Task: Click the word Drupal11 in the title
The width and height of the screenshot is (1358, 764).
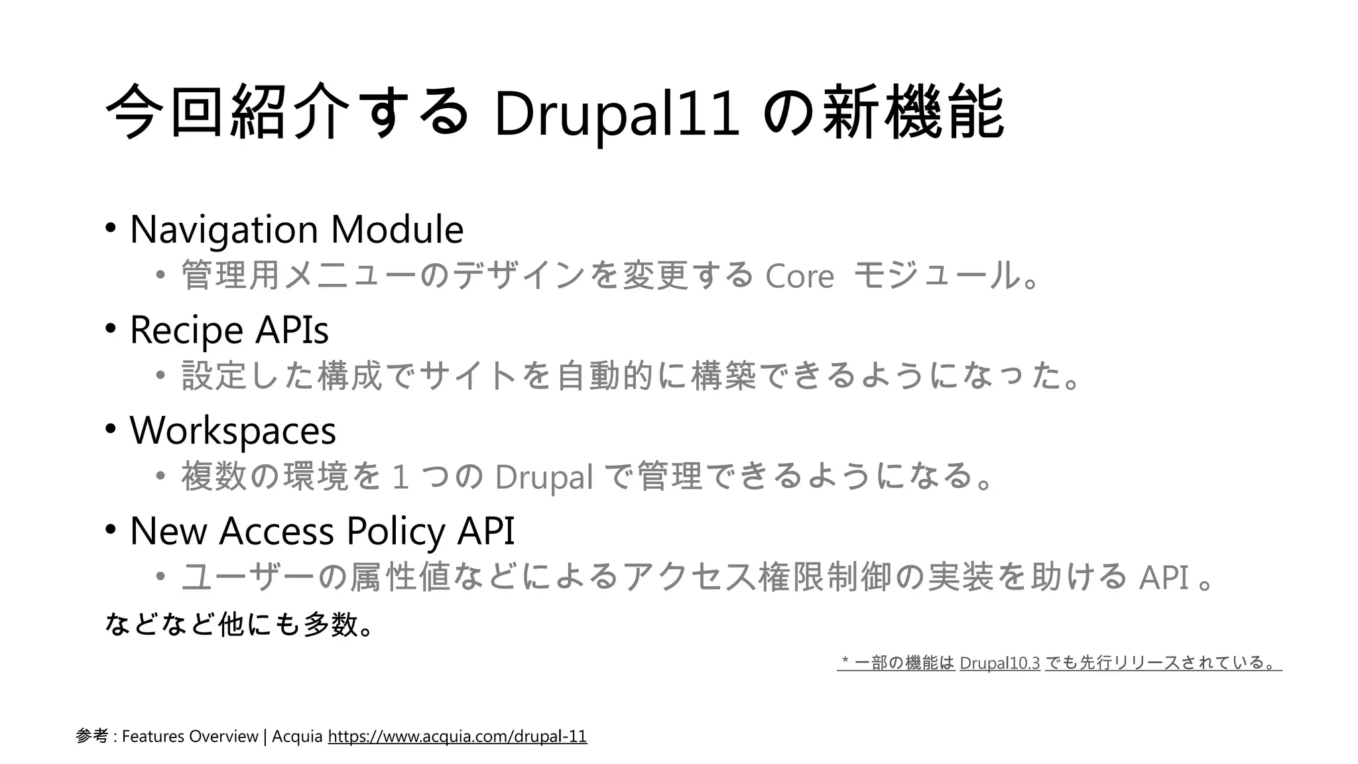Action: click(616, 113)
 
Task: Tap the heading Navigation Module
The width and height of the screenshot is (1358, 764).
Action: click(296, 229)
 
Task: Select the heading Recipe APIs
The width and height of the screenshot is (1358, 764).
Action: click(229, 330)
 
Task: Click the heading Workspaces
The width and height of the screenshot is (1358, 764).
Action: click(233, 430)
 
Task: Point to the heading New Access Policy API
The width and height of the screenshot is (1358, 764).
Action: click(322, 531)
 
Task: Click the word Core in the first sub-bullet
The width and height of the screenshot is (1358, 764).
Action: click(799, 276)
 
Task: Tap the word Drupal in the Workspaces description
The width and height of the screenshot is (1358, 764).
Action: click(543, 477)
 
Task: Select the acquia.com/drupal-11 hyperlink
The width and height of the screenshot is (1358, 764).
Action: click(457, 736)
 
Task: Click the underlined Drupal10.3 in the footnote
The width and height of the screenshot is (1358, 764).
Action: click(999, 663)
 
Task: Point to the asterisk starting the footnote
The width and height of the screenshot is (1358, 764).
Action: click(845, 662)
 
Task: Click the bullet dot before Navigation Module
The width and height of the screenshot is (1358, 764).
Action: click(110, 228)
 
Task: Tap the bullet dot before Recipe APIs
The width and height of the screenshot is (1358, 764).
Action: click(110, 328)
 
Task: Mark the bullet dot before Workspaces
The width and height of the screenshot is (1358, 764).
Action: click(110, 429)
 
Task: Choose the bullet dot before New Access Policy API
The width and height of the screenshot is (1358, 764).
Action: click(110, 529)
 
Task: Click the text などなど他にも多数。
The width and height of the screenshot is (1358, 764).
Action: click(239, 624)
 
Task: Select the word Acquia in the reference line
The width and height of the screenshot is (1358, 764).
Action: click(297, 736)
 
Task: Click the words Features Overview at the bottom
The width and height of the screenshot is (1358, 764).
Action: click(190, 736)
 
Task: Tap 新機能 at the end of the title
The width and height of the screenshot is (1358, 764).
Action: click(913, 112)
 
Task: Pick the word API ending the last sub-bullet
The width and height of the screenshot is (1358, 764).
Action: click(1163, 577)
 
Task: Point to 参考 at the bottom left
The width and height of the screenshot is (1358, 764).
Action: click(92, 736)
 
